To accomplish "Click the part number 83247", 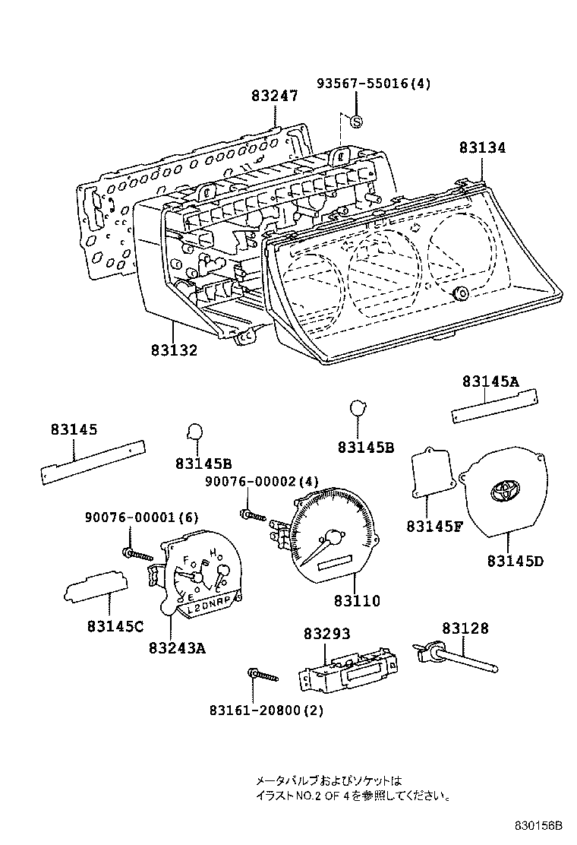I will pos(275,96).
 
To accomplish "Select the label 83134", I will pos(481,148).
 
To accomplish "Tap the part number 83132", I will pos(173,350).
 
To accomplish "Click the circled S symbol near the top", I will pos(356,121).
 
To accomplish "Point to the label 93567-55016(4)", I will pos(374,84).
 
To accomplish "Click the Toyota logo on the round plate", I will pos(505,491).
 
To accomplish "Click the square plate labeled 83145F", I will pos(430,474).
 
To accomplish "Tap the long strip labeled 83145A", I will pos(494,405).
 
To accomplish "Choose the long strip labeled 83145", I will pos(93,462).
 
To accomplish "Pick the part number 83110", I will pos(356,600).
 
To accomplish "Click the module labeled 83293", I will pos(345,668).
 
